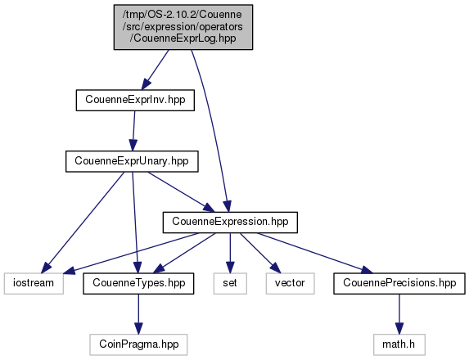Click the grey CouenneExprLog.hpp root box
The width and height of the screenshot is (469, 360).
pos(183,27)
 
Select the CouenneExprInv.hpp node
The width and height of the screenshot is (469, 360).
pos(135,100)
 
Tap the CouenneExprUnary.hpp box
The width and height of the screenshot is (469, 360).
pos(132,161)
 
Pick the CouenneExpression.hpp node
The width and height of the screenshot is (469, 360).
pos(230,223)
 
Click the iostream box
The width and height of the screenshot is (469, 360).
pos(34,283)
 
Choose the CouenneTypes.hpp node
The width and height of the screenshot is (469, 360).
pos(138,283)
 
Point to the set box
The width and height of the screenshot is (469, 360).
pos(230,283)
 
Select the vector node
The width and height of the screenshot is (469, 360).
pos(290,283)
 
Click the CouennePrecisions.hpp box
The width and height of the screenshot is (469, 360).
pos(399,283)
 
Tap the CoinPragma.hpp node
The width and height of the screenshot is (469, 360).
pos(138,344)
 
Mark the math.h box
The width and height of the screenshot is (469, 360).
pos(399,344)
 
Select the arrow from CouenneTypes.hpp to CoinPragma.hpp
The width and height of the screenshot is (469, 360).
pos(138,314)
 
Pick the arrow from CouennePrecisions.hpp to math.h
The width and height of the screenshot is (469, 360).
pos(399,314)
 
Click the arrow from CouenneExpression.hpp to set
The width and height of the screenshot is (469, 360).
pos(230,253)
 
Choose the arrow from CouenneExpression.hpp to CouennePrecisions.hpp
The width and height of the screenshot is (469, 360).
pos(315,253)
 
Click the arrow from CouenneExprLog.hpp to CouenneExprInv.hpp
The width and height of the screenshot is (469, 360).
pos(155,70)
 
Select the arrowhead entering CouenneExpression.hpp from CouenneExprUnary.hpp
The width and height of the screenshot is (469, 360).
pos(210,208)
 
